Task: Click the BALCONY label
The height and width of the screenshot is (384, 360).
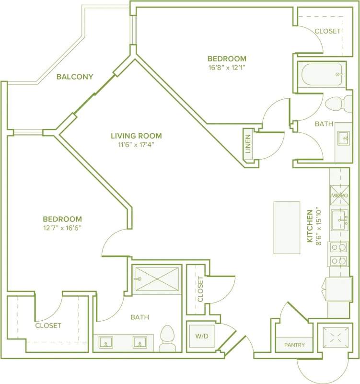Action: tap(74, 77)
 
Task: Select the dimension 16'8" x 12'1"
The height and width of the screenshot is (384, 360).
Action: tap(227, 68)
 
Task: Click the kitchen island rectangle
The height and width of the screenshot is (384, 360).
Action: tap(286, 227)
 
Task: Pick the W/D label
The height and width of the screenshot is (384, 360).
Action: tap(201, 337)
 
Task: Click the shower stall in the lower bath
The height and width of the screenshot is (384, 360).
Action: tap(157, 279)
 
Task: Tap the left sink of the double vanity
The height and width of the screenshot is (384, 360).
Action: tap(106, 343)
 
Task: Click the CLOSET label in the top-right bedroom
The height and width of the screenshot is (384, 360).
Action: tap(328, 31)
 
